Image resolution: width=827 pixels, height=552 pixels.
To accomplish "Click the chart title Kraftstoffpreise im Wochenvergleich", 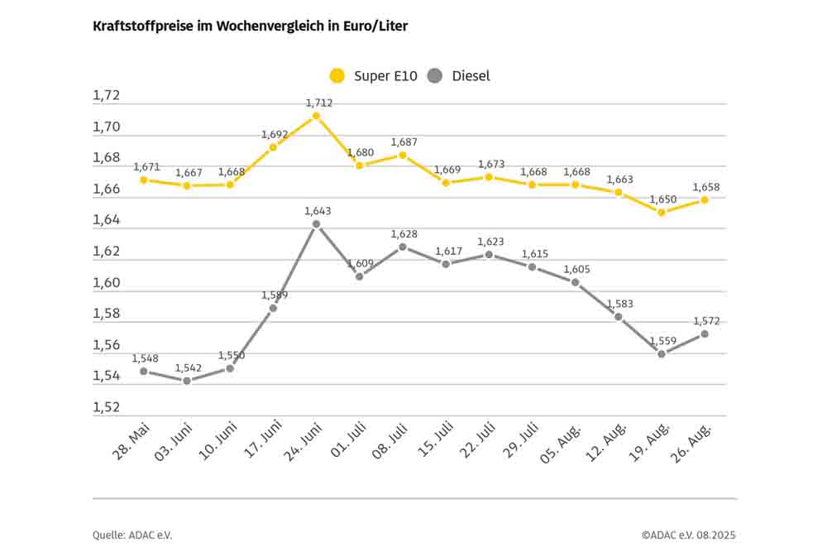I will point(251,26).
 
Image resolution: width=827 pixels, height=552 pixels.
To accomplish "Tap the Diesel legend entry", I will point(460,76).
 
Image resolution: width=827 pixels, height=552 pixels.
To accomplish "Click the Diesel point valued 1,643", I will point(316,223).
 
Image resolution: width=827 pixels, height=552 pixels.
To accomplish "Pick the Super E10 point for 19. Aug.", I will point(662,212).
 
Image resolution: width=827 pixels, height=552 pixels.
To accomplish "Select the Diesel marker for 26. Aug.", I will point(705,334).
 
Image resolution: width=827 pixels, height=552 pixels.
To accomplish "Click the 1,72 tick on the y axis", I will point(106,96).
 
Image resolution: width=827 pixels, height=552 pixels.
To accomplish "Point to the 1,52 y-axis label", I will point(106,408).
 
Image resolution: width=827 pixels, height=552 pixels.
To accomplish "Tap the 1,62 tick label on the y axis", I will point(106,252).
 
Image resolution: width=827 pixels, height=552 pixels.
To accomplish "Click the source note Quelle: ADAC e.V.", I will point(132,535).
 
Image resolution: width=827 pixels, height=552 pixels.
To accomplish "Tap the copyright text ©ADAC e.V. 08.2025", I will point(687,535).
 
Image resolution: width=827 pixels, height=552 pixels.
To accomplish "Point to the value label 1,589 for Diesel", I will point(274,295).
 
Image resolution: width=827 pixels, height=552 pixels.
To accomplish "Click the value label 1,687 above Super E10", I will point(404,142).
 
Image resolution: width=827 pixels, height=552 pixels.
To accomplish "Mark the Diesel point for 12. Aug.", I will point(618,316).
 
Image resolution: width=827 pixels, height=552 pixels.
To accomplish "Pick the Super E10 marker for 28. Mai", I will point(143,180).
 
